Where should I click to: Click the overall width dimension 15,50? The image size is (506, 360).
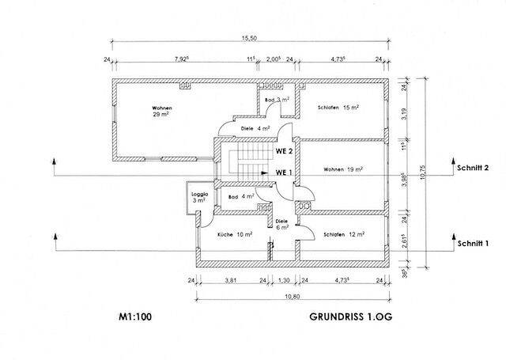(248, 38)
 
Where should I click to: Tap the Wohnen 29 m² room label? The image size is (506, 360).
(161, 111)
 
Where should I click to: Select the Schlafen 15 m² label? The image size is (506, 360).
(339, 108)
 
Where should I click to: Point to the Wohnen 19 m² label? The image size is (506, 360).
(343, 169)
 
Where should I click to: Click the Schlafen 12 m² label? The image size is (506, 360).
(342, 233)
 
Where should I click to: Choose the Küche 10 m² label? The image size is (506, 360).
(235, 234)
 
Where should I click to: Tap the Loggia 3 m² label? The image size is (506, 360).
(199, 198)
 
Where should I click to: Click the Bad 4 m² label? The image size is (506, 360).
(240, 196)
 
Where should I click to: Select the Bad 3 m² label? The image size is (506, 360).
(277, 100)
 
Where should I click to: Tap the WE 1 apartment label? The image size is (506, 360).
(284, 172)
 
